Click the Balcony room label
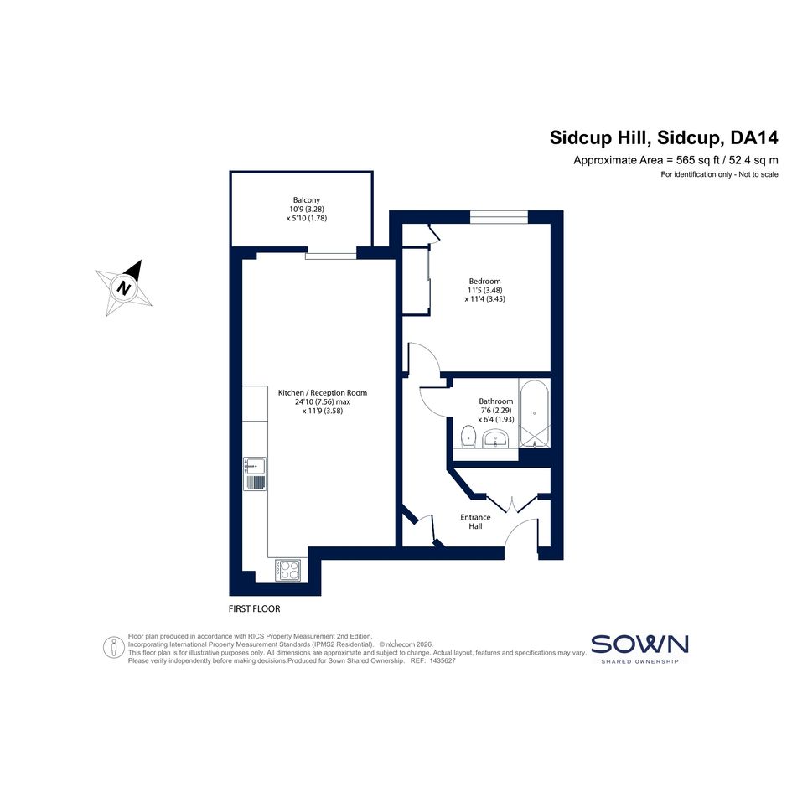tap(307, 200)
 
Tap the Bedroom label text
tap(485, 282)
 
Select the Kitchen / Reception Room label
tap(323, 392)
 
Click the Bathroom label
tap(496, 401)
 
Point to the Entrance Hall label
tap(475, 522)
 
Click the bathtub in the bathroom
tap(535, 413)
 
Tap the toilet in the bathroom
tap(468, 437)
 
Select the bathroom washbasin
tap(498, 438)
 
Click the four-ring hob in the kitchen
tap(288, 570)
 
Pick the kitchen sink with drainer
tap(255, 474)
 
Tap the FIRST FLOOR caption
tap(254, 609)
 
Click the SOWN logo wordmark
tap(639, 644)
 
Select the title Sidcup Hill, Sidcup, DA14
tap(664, 137)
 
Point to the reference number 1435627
tap(443, 660)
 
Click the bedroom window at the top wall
tap(499, 217)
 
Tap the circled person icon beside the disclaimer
tap(114, 648)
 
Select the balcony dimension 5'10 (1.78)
tap(307, 218)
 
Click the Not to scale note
tap(758, 175)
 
